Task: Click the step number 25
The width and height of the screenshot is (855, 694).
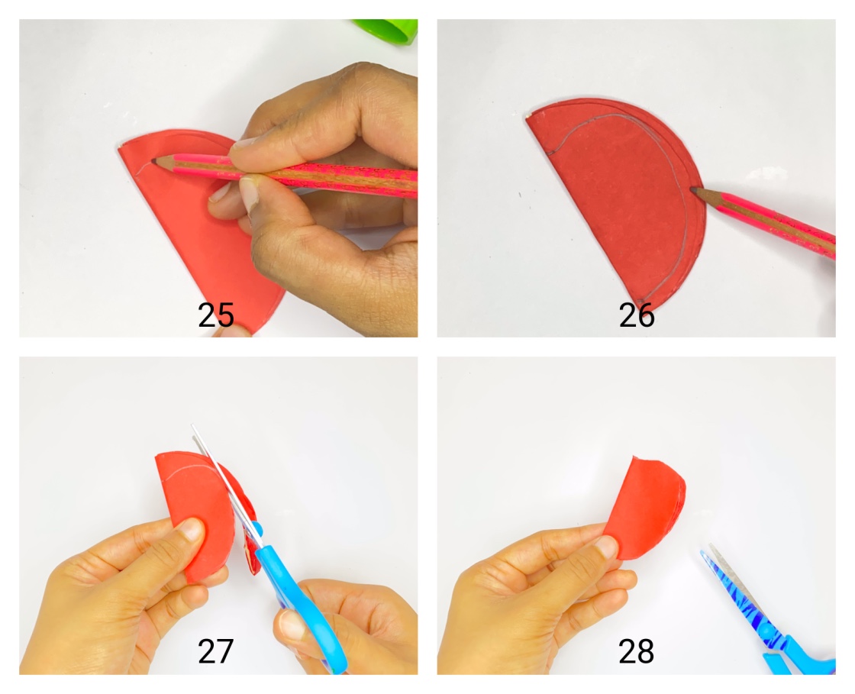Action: pos(215,315)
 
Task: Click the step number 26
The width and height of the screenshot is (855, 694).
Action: pos(637,315)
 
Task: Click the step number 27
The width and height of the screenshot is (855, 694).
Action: pos(215,652)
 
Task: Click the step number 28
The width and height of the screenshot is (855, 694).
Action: pos(637,652)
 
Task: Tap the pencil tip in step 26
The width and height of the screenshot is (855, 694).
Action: pos(695,189)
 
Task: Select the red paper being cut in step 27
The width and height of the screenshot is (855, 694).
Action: pos(195,496)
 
